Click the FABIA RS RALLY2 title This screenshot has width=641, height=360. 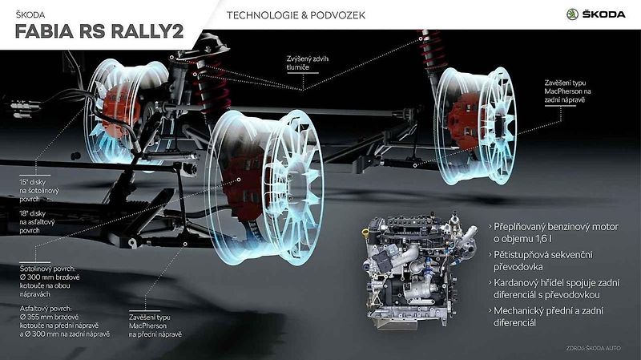[x=99, y=32]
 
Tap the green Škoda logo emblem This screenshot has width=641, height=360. [x=572, y=14]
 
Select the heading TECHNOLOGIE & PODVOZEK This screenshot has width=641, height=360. [x=296, y=15]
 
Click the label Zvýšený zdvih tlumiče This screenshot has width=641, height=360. [x=308, y=63]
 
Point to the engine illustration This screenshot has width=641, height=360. [x=419, y=270]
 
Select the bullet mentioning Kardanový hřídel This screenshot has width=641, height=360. [x=554, y=289]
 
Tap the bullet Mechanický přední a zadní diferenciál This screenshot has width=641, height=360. [x=546, y=317]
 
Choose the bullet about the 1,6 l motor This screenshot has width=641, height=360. [x=554, y=233]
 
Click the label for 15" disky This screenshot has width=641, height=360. [x=39, y=191]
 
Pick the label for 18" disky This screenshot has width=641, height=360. [x=37, y=222]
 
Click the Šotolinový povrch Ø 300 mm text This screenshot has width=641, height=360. [x=50, y=281]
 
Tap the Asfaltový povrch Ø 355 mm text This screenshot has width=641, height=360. [x=65, y=322]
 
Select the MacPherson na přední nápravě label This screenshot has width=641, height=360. [x=155, y=326]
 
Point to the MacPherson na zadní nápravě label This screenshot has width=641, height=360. [x=567, y=91]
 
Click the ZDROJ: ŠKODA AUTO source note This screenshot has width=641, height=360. [x=593, y=348]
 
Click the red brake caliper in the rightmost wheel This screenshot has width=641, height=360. [x=462, y=121]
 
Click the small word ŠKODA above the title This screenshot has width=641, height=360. [x=30, y=14]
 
